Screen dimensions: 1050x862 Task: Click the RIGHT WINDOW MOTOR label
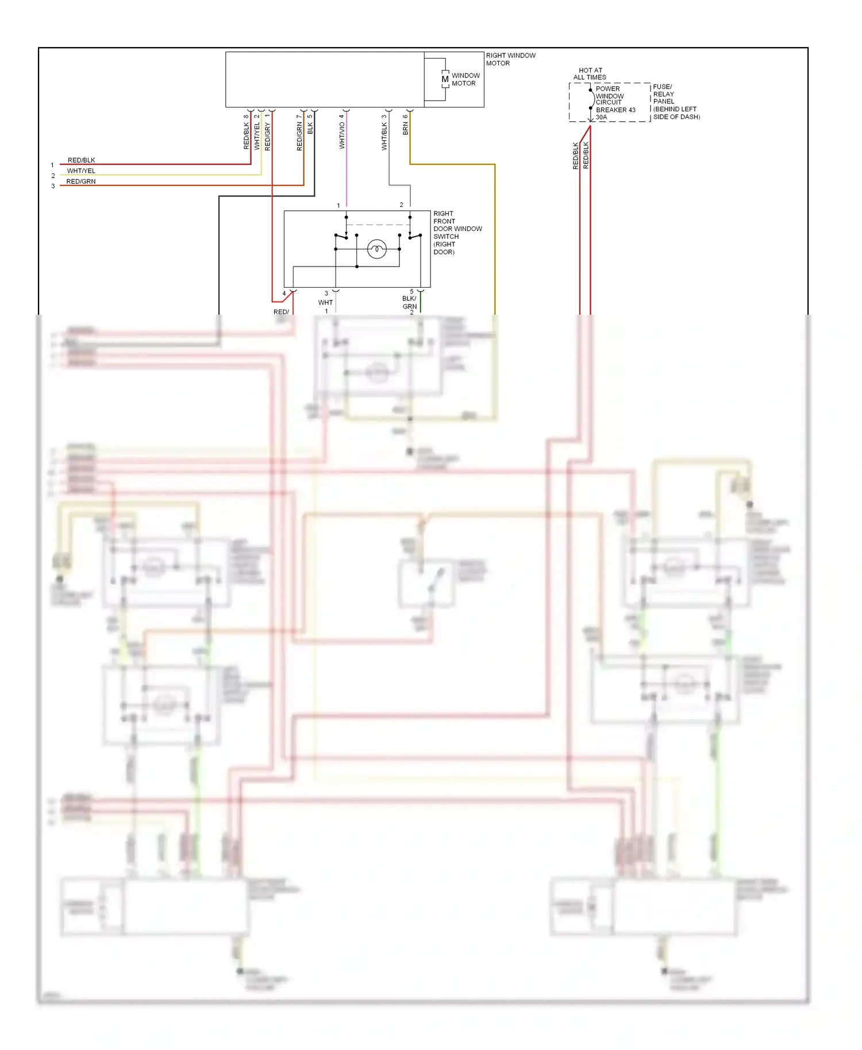[510, 59]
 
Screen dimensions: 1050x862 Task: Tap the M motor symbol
[445, 79]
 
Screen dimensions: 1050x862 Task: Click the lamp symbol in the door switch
[376, 249]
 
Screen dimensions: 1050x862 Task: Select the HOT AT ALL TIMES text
[590, 74]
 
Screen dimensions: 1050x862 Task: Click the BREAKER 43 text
[615, 110]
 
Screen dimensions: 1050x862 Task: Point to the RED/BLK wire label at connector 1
[81, 160]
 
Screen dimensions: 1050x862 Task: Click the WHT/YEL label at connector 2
[81, 171]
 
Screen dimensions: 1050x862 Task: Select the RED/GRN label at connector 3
[81, 181]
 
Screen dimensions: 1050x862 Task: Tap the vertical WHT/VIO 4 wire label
[342, 132]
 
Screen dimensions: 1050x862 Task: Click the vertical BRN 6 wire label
[405, 125]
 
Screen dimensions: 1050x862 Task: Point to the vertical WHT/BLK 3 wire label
[384, 133]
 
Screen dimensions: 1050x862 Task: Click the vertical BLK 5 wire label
[310, 125]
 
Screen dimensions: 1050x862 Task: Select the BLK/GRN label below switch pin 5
[409, 302]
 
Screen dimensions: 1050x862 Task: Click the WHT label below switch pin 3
[325, 302]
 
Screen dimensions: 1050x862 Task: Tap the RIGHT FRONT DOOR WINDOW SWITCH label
[457, 233]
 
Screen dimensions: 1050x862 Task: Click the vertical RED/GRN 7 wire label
[299, 133]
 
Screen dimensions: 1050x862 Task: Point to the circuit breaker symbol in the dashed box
[591, 99]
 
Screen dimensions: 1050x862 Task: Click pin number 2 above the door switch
[401, 204]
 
